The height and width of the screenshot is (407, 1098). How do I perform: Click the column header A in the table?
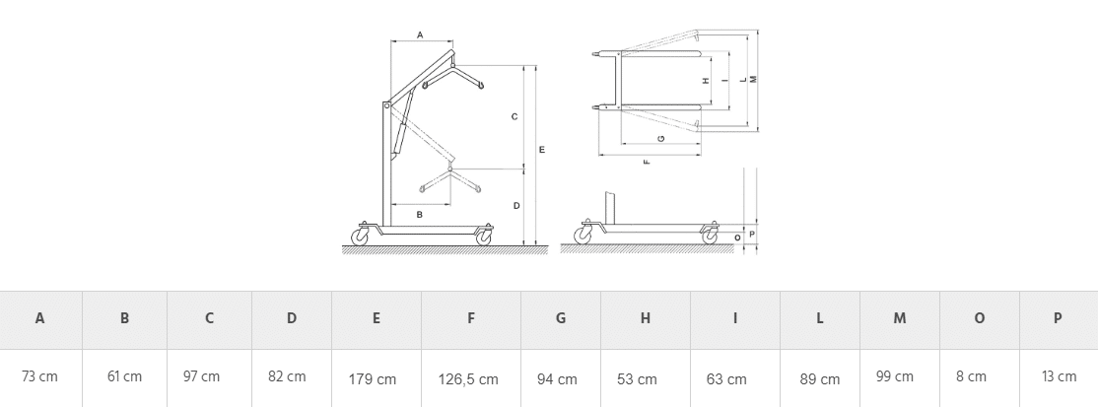pos(39,318)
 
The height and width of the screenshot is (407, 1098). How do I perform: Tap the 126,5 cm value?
pos(468,379)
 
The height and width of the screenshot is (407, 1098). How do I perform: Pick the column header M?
pos(900,318)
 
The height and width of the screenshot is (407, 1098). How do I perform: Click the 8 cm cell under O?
pos(971,376)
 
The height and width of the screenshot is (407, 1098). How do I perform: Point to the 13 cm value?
pos(1059,376)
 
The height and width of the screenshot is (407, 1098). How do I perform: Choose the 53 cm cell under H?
pos(638,379)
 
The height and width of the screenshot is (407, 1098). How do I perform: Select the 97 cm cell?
pos(202,376)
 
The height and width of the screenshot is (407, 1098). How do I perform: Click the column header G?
pos(560,318)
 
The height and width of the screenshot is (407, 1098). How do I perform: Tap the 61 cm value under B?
pos(124,376)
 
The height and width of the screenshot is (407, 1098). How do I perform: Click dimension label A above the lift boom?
pos(420,35)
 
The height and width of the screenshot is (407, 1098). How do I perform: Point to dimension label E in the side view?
pos(542,149)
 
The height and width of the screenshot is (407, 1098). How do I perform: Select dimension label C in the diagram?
pos(515,116)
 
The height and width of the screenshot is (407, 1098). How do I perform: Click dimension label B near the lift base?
pos(420,215)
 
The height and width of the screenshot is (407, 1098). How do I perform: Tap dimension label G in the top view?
pos(661,139)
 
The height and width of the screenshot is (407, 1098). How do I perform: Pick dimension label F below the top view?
pos(647,162)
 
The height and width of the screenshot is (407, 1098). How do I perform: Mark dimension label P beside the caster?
pos(752,234)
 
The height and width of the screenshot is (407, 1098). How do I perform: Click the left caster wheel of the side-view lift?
pos(360,237)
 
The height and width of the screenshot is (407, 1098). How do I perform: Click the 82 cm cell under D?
pos(287,376)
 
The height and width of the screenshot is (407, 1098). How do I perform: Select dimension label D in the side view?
pos(516,205)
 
